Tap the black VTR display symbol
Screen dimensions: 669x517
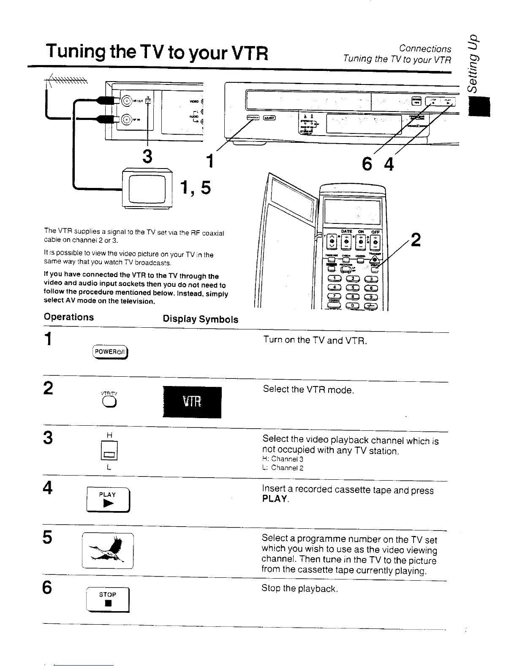click(192, 402)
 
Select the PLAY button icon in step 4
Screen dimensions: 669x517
click(108, 500)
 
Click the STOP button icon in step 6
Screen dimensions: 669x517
click(108, 600)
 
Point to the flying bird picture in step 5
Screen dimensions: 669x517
click(108, 551)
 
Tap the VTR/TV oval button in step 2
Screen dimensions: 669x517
click(109, 403)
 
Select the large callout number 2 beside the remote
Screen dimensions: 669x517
click(416, 240)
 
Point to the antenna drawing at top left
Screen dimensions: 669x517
click(68, 80)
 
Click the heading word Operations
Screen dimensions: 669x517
click(69, 317)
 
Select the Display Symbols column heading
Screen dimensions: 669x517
click(201, 319)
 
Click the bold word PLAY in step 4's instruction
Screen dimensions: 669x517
click(275, 499)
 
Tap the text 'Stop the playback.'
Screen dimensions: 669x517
click(299, 588)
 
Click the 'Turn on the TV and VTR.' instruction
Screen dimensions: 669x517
click(315, 340)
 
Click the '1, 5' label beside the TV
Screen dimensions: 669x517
click(195, 188)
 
